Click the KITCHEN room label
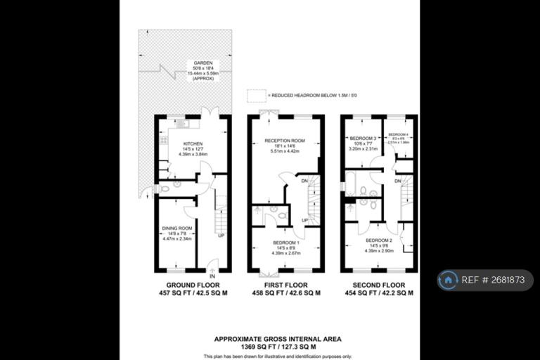coord(173,143)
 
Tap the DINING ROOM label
coord(176,229)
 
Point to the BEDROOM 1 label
coord(285,243)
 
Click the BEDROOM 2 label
coord(379,240)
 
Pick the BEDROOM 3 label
coord(364,138)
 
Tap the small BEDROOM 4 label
coord(398,134)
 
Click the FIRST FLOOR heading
coord(286,285)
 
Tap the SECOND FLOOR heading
coord(379,285)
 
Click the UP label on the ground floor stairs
coord(221,235)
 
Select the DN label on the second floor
coord(398,181)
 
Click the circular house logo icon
coord(448,280)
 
